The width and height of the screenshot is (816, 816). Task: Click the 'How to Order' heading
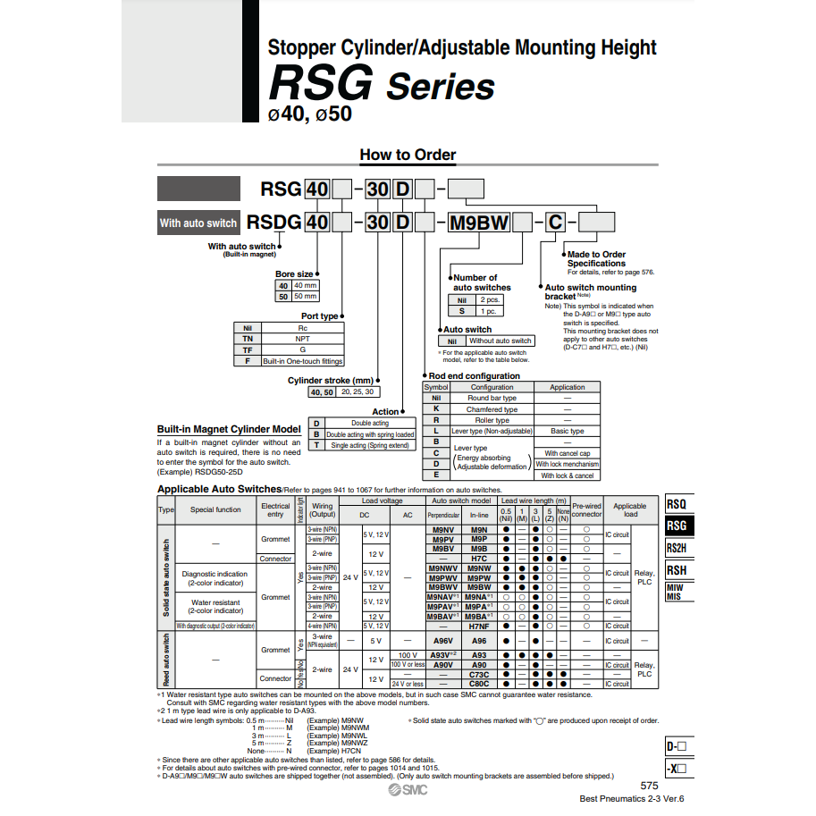408,155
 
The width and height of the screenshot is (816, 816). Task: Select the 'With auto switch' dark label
198,223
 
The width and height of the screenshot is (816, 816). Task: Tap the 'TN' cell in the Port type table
247,340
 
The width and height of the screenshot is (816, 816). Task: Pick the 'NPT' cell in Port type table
302,340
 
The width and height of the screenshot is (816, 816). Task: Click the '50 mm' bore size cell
305,296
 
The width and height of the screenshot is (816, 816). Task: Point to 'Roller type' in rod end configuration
492,420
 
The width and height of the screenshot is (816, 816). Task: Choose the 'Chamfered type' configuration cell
492,409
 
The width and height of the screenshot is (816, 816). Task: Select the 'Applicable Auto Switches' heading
219,490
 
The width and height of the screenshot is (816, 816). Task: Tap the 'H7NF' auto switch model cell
479,626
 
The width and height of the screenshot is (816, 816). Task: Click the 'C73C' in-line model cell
479,674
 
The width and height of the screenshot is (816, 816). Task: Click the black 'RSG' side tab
677,526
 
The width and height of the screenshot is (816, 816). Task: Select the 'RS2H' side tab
677,548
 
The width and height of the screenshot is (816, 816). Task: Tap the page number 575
650,786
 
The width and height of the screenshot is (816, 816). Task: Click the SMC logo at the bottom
408,791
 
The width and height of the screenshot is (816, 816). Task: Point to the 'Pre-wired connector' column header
586,509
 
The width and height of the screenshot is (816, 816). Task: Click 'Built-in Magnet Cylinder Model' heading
229,430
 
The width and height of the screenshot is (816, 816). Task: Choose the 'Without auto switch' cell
500,341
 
